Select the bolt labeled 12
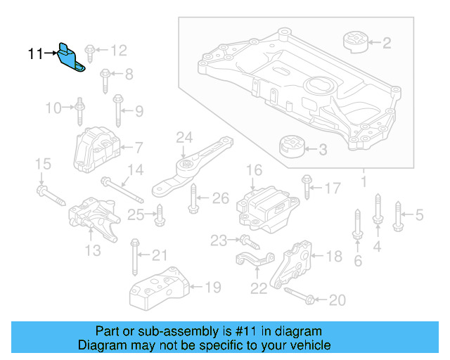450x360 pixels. (x=91, y=51)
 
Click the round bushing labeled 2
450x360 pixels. (x=356, y=41)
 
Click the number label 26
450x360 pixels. (x=220, y=199)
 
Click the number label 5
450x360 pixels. (x=420, y=214)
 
